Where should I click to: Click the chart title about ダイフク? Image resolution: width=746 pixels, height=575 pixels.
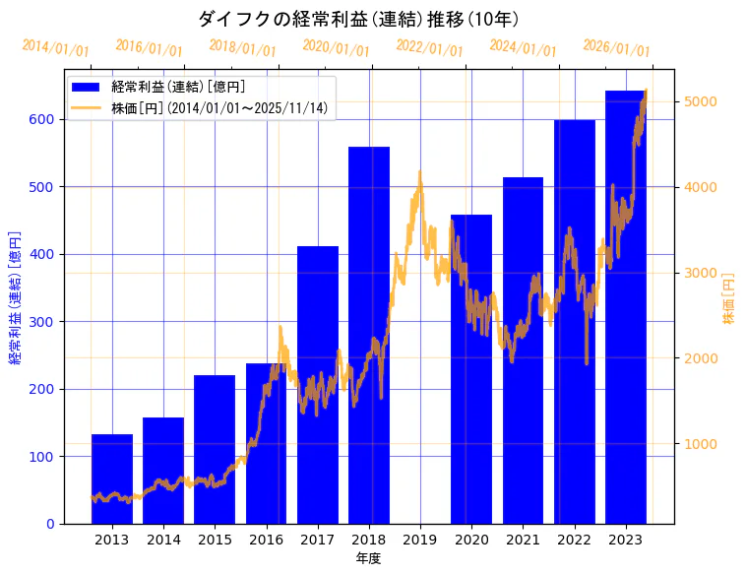[358, 19]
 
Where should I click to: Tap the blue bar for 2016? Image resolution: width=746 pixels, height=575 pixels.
[266, 443]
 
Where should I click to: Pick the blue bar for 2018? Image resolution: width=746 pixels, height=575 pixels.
[369, 335]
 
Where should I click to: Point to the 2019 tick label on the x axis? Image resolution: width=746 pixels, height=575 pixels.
[420, 540]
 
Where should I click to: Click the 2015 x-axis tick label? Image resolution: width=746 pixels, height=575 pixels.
[215, 540]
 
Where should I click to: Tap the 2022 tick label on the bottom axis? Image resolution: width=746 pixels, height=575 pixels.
[574, 540]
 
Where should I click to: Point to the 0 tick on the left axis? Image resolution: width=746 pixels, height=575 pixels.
[49, 524]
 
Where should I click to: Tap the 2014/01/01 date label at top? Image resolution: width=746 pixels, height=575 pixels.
[55, 48]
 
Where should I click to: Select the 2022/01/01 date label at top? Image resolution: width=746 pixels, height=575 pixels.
[429, 48]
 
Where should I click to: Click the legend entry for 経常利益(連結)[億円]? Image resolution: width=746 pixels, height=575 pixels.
[178, 88]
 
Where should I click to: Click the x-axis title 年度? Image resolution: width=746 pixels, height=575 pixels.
[368, 558]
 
